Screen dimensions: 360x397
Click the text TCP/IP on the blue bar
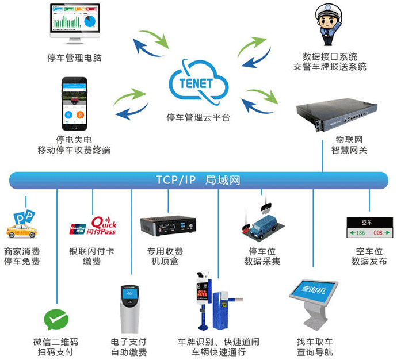click(x=176, y=180)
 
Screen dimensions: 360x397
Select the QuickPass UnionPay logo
click(x=93, y=226)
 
